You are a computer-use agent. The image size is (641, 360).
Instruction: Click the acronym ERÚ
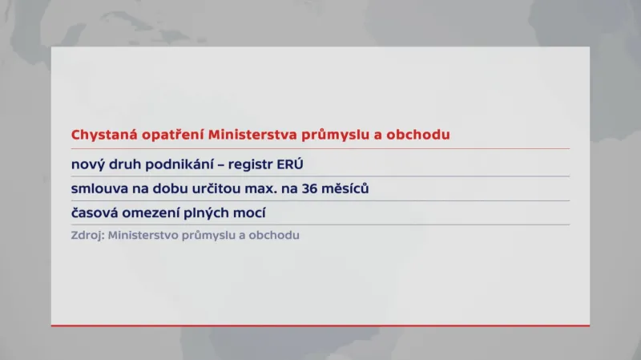click(x=292, y=164)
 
